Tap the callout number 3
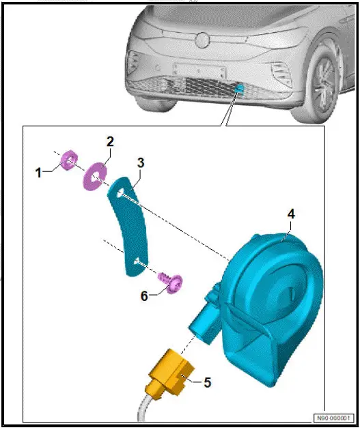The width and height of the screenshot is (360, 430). tap(140, 163)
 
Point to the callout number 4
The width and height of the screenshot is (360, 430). tap(291, 214)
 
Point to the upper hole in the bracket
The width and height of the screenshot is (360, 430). tap(120, 195)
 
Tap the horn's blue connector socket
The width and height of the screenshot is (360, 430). tap(203, 317)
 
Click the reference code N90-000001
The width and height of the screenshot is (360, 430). tap(334, 418)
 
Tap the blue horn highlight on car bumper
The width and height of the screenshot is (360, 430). tap(238, 87)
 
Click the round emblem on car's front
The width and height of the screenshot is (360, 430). tap(202, 40)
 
